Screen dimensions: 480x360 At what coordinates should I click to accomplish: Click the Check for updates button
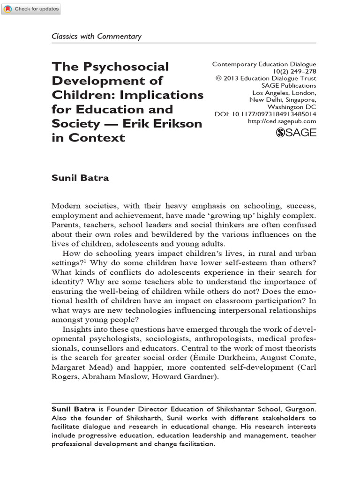point(30,9)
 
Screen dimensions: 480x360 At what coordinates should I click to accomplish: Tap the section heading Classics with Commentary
point(96,37)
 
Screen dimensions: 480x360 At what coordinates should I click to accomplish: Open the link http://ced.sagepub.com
point(282,121)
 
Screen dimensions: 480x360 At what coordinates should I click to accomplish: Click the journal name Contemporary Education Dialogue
point(264,64)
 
